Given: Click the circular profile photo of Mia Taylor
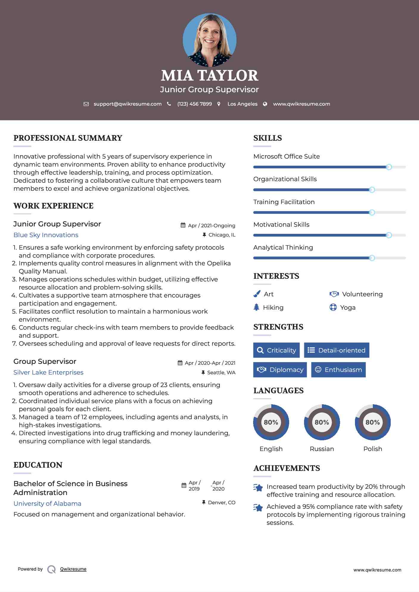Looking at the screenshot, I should tap(209, 40).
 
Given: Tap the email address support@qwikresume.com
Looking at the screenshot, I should tap(127, 104).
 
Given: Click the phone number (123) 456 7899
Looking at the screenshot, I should tap(194, 104).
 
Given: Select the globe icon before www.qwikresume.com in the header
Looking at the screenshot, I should tap(265, 104).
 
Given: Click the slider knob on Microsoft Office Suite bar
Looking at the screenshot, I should tap(389, 167).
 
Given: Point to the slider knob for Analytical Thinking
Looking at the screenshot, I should tap(372, 258).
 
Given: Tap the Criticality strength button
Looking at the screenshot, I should tap(276, 350).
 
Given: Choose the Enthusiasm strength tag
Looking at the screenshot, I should tap(338, 369).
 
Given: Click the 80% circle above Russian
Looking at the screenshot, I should tap(322, 422).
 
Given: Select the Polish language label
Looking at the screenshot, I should tap(373, 449).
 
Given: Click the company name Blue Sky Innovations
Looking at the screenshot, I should tap(46, 235).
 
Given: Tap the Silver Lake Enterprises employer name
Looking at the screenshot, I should tap(48, 372).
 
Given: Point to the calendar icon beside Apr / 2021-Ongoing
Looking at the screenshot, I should tap(183, 225).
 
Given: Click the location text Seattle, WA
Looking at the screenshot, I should tap(221, 372).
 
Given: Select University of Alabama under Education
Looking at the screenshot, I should tap(47, 504).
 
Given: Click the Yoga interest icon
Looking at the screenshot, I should tap(333, 307).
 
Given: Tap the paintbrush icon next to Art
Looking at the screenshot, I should tap(257, 294).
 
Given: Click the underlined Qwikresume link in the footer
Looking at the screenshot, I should tap(73, 569).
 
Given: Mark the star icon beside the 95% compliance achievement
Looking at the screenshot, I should tap(258, 508).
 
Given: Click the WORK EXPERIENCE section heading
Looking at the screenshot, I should tap(53, 206).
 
